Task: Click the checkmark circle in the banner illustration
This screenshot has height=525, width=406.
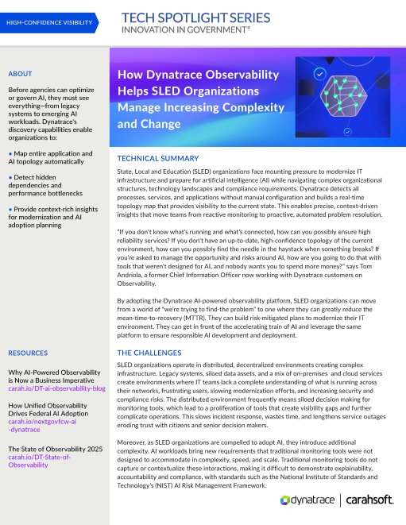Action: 319,74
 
